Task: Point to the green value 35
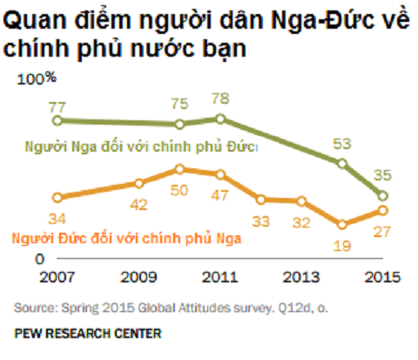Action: coord(381,175)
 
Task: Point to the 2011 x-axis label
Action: coord(219,277)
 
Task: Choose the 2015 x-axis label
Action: coord(381,277)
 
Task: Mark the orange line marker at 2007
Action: coord(57,197)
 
